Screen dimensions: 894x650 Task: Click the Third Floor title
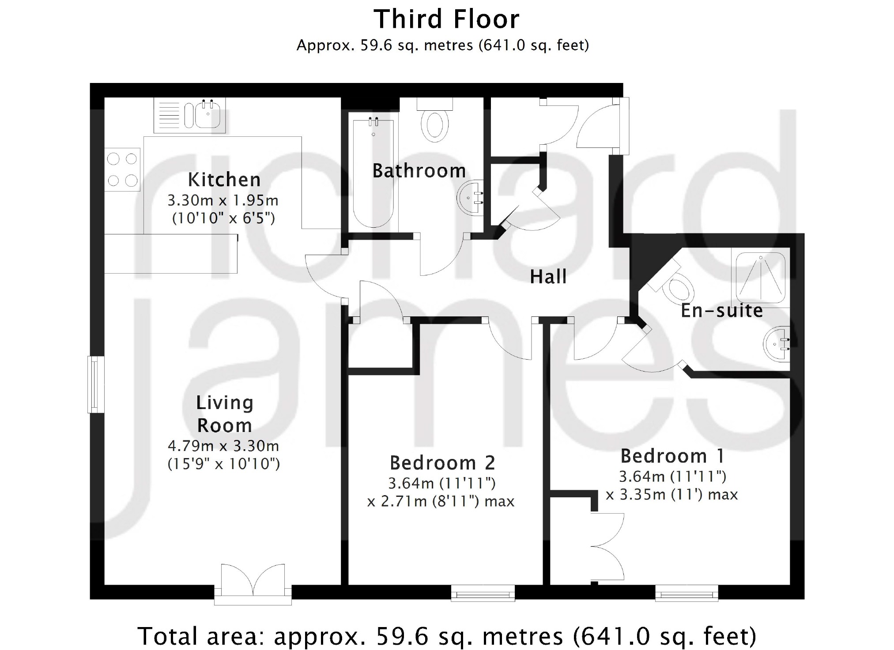[x=447, y=19]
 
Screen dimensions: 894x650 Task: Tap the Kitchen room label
[x=224, y=180]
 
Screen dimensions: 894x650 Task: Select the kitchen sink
[x=190, y=115]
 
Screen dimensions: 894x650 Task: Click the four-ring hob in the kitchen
[x=122, y=169]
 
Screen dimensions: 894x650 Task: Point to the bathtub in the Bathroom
[x=373, y=173]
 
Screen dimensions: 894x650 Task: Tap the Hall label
[x=548, y=277]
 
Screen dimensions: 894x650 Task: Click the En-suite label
[x=722, y=310]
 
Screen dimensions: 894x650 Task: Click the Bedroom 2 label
[x=442, y=463]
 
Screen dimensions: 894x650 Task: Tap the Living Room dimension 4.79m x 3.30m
[x=223, y=446]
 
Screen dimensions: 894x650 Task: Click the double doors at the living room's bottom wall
[x=253, y=584]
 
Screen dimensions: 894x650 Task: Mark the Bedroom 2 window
[x=483, y=593]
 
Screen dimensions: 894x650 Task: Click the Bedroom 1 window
[x=687, y=593]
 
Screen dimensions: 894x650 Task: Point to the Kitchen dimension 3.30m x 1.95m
[x=223, y=200]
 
